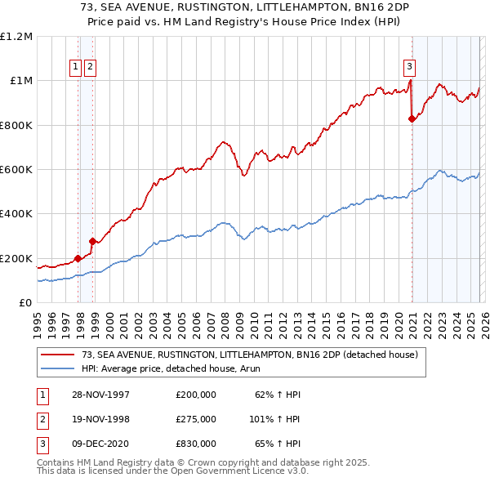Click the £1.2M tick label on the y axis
coord(16,37)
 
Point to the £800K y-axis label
coord(16,126)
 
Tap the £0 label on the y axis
coord(25,303)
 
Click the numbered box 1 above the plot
coord(75,68)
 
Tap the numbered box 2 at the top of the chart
coord(89,68)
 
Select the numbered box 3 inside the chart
coord(408,68)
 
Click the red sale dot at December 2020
coord(412,118)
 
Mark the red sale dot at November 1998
coord(92,241)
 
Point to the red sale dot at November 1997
coord(78,258)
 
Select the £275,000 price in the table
coord(195,419)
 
